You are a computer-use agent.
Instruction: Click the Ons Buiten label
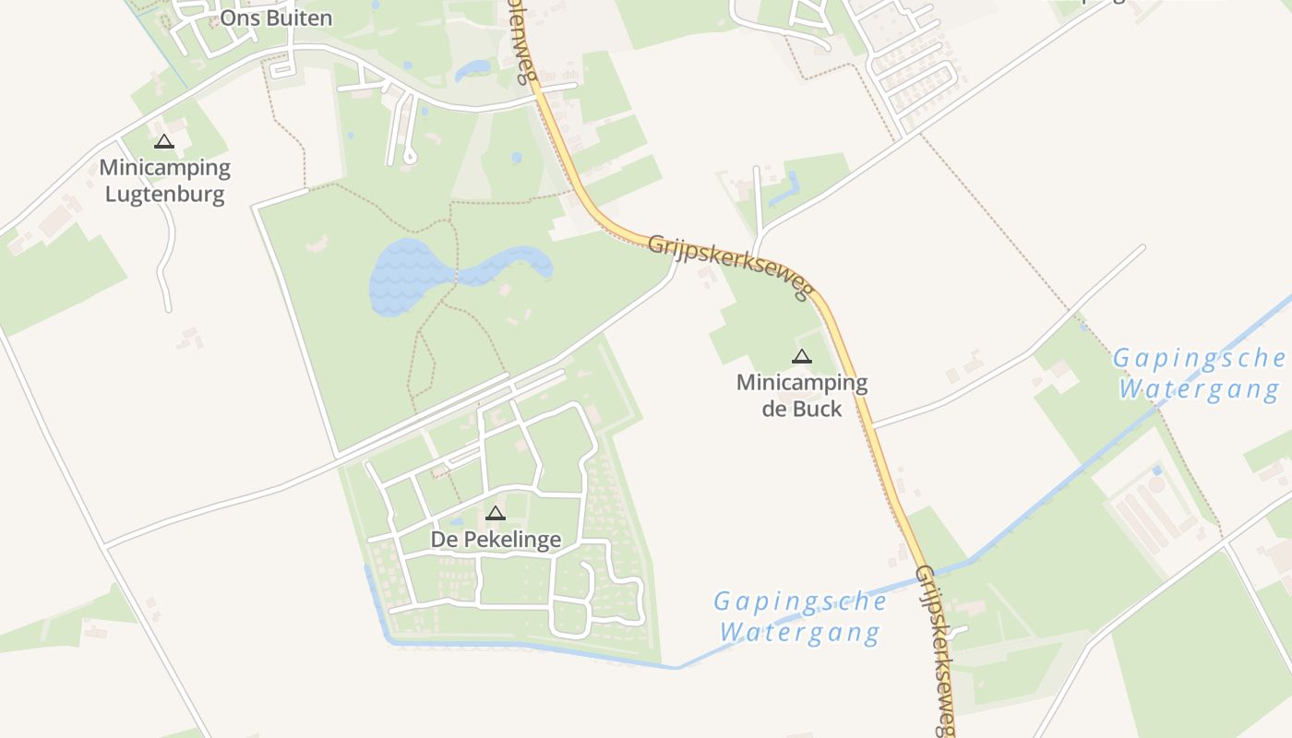(x=276, y=18)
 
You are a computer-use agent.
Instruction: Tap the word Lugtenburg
(x=164, y=195)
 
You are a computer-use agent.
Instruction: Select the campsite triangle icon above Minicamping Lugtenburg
(x=164, y=142)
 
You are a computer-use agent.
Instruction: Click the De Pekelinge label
(x=496, y=540)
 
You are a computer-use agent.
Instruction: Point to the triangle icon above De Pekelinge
(x=496, y=514)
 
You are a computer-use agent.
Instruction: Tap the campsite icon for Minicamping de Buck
(x=802, y=357)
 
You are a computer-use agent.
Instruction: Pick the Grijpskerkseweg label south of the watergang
(x=934, y=649)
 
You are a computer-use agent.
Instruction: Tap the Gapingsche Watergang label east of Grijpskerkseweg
(x=1199, y=374)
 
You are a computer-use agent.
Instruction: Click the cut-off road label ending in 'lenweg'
(x=523, y=42)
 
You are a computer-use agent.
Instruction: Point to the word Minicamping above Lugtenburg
(x=164, y=168)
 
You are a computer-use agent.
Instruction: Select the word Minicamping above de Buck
(x=802, y=382)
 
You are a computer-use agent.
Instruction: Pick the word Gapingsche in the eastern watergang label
(x=1199, y=359)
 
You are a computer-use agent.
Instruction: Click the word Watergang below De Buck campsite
(x=800, y=633)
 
